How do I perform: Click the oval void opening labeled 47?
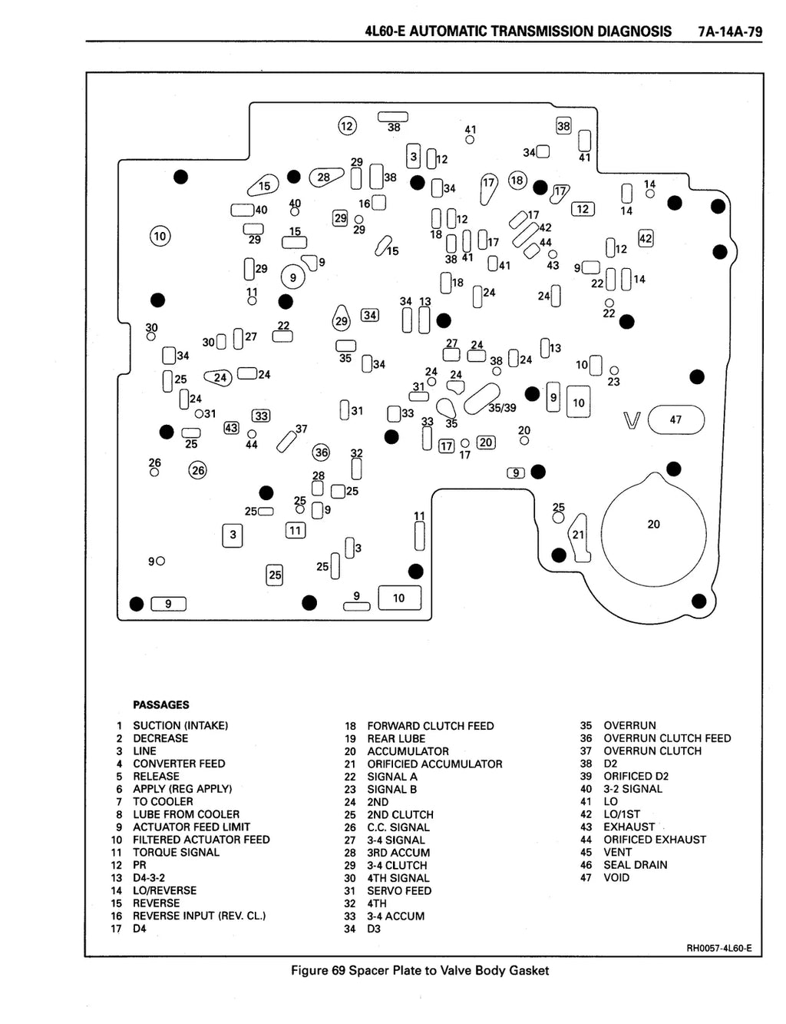point(675,419)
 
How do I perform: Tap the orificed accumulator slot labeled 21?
point(580,537)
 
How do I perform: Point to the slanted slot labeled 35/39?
point(481,399)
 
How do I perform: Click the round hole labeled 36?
point(322,453)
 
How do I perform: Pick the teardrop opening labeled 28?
point(326,177)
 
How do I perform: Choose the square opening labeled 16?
point(379,203)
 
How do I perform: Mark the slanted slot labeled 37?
point(286,442)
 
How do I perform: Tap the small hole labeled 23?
point(614,371)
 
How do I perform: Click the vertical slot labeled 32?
point(356,469)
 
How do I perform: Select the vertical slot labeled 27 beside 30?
point(238,339)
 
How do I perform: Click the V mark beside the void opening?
point(632,420)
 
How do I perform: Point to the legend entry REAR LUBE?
point(396,738)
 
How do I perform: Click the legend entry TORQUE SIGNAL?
point(176,853)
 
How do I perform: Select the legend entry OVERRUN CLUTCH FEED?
point(667,738)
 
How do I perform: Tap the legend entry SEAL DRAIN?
point(636,865)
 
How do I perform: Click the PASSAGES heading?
point(161,705)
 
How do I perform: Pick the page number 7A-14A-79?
point(730,31)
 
